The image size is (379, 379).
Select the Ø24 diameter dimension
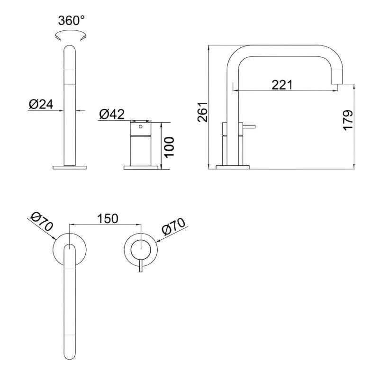pos(40,104)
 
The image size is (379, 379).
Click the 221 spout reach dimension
pos(282,85)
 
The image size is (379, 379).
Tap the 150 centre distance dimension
pos(108,219)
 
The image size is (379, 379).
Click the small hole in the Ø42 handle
pos(140,127)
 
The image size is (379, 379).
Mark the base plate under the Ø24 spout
pos(70,167)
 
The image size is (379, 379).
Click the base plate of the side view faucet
pos(233,167)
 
